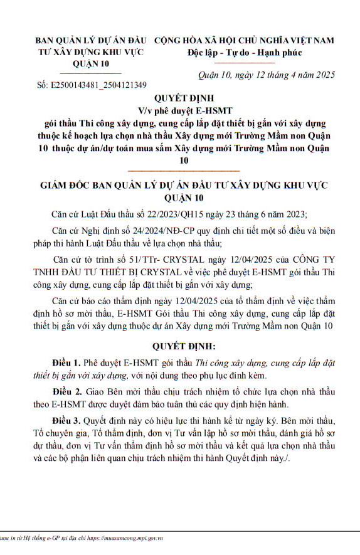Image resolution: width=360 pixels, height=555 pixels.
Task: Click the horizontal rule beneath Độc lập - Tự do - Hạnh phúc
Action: coord(245,62)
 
